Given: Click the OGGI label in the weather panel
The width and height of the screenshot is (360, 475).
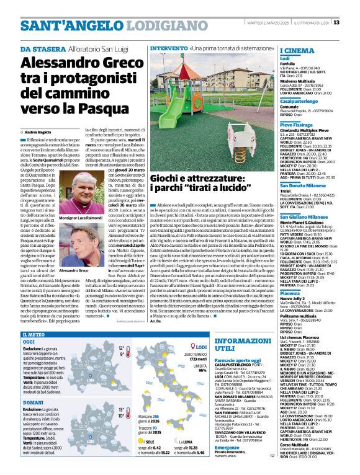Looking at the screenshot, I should click(29, 342).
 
